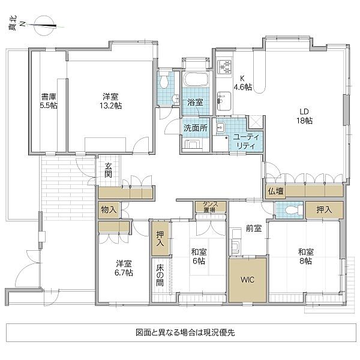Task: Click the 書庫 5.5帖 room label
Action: [49, 100]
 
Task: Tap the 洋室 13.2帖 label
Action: [110, 100]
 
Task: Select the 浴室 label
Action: [195, 103]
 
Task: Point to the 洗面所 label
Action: [196, 128]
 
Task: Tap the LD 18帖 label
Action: [304, 116]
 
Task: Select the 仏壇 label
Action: [276, 191]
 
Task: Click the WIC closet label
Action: [247, 279]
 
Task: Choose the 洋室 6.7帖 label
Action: [125, 268]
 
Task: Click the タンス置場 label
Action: [210, 207]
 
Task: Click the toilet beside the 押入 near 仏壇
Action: [290, 210]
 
